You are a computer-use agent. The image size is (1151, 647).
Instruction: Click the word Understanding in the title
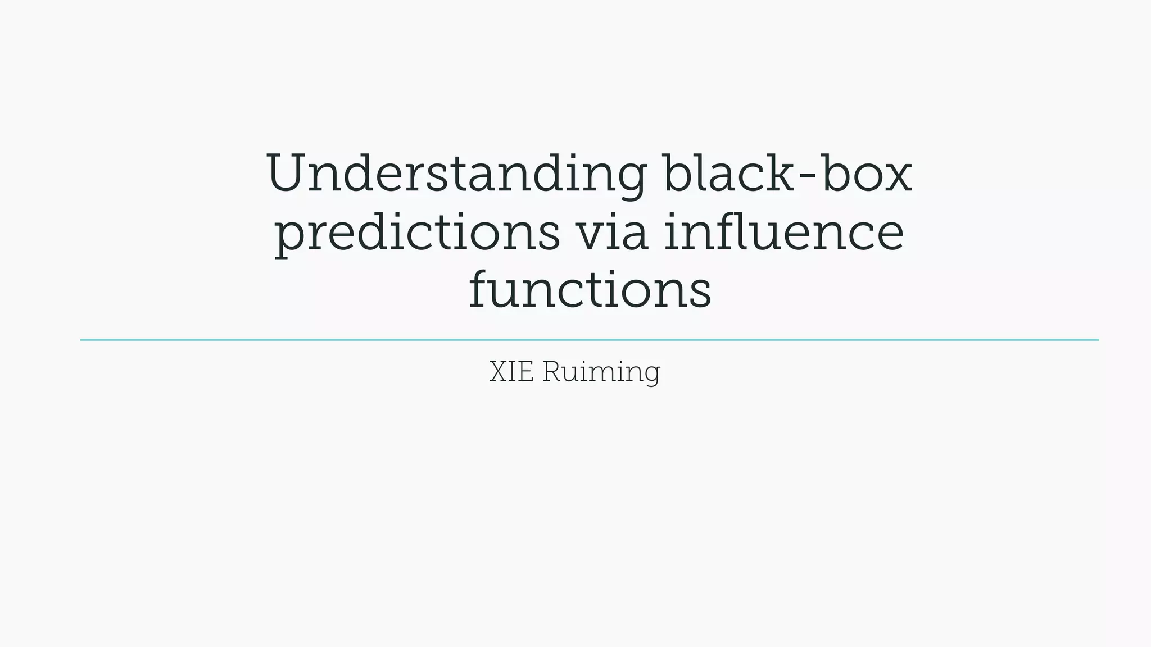[x=456, y=174]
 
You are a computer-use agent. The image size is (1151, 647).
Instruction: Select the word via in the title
[x=613, y=233]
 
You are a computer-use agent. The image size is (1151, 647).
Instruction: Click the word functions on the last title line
[x=590, y=290]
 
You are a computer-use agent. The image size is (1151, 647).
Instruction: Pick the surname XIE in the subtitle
[x=511, y=372]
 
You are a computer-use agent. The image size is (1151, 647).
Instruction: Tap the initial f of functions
[x=480, y=289]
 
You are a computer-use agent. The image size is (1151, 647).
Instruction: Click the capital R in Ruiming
[x=551, y=372]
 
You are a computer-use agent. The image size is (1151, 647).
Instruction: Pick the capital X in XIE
[x=499, y=372]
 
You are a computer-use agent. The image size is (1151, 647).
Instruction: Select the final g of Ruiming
[x=652, y=375]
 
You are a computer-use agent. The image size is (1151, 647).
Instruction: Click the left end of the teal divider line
[x=82, y=340]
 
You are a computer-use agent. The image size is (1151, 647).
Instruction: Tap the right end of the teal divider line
[x=1097, y=340]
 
